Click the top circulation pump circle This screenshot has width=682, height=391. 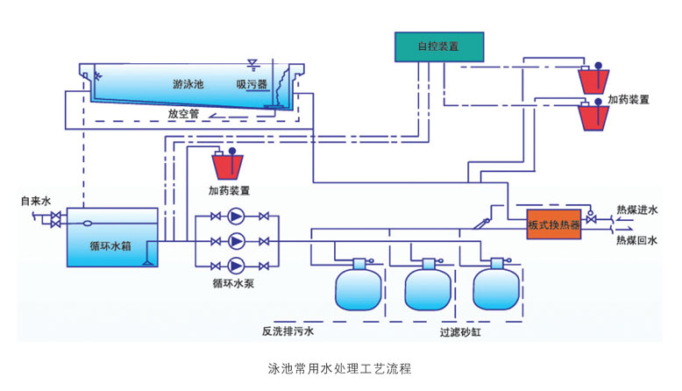click(236, 217)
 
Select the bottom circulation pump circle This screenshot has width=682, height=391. click(236, 266)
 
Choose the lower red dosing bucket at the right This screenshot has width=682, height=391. click(596, 117)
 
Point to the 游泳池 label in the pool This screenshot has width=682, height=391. click(188, 85)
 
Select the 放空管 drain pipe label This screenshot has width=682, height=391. click(184, 113)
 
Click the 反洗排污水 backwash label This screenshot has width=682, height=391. click(288, 332)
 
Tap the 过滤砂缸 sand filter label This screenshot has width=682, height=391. click(462, 333)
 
